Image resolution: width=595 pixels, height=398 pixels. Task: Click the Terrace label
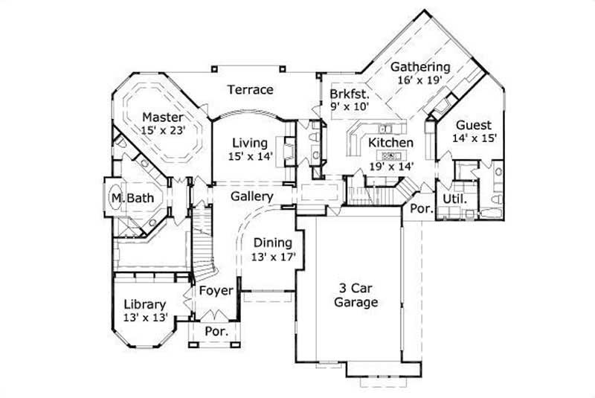250,90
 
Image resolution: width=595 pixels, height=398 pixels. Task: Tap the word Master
162,117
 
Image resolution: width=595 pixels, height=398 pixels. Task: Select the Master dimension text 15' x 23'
163,129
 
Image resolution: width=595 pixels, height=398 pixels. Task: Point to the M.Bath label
128,199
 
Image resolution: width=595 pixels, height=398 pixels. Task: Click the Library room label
144,305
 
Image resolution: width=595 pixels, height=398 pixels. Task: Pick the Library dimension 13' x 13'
144,318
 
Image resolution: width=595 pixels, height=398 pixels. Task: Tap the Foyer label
215,290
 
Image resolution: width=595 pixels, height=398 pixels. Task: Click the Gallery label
252,196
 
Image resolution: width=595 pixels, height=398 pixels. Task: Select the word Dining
273,243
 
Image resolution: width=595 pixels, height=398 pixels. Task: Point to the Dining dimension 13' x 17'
274,256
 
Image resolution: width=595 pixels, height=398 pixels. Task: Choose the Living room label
249,143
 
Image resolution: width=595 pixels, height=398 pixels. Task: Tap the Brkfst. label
350,94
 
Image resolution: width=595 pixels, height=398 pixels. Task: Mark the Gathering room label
421,66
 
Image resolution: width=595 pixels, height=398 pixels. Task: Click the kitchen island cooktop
390,155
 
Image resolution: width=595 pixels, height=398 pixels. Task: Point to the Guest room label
473,125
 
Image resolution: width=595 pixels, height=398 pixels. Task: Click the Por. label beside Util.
422,209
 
